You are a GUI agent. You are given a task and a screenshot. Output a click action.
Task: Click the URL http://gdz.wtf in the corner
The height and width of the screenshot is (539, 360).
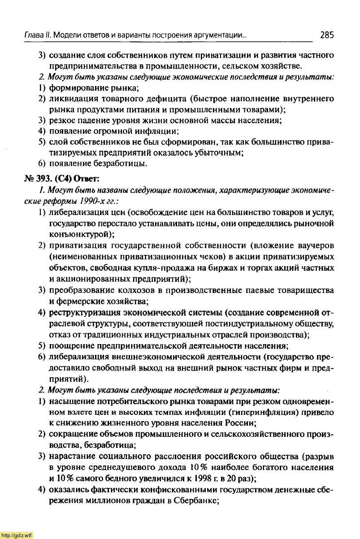click(x=17, y=535)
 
